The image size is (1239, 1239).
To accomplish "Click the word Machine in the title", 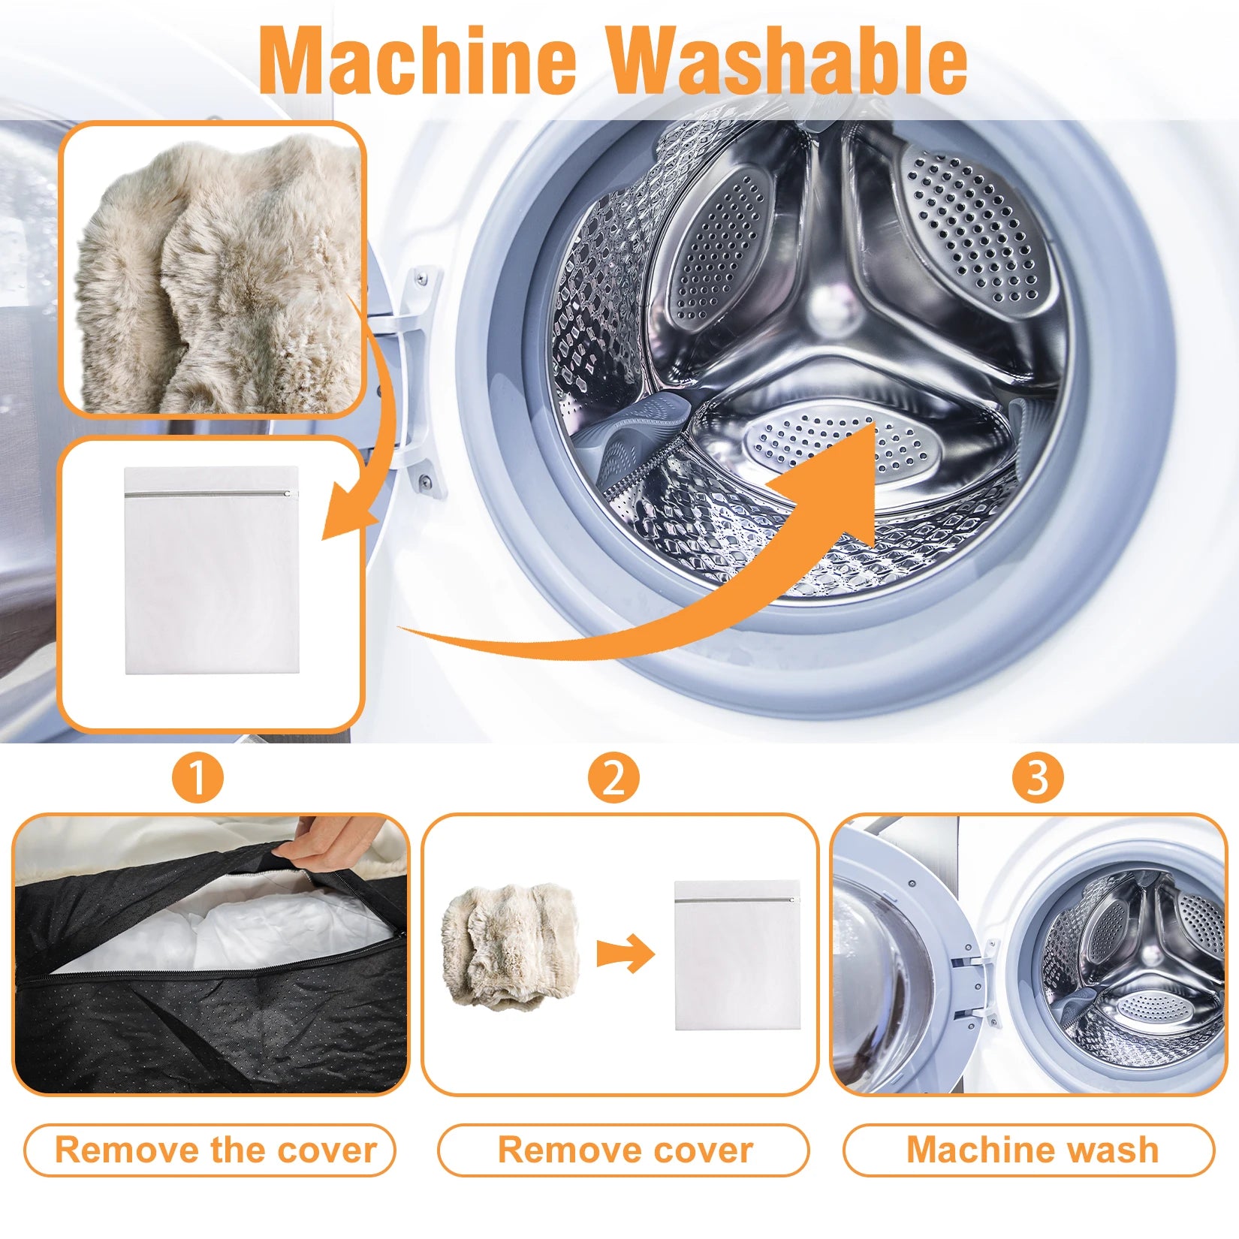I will (418, 60).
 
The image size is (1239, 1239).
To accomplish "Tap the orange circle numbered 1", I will (197, 778).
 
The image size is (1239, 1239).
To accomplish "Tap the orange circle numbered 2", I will (613, 778).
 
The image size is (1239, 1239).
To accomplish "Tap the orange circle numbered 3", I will (1037, 778).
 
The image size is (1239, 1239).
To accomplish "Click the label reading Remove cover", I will (624, 1150).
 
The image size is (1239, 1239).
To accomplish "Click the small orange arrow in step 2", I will (626, 954).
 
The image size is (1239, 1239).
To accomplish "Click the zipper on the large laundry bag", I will (210, 494).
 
